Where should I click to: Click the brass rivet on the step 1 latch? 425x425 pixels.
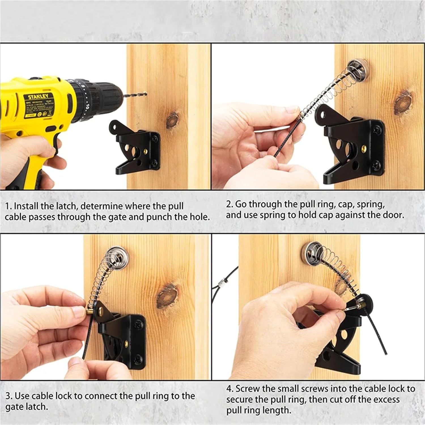coord(146,150)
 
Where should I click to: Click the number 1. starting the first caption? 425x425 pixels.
coord(8,206)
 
